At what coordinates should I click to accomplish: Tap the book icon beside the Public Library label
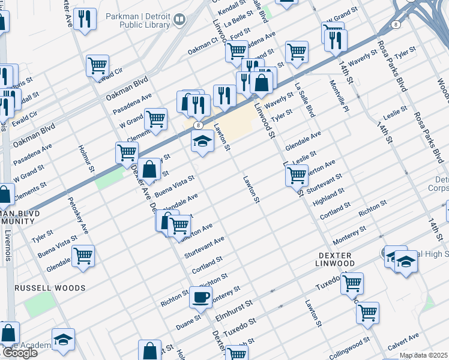(x=179, y=20)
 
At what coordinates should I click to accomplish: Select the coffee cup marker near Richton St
(x=201, y=296)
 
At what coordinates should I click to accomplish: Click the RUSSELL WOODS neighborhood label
(x=50, y=288)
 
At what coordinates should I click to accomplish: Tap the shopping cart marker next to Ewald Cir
(x=97, y=65)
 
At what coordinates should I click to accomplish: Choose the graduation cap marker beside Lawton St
(x=203, y=142)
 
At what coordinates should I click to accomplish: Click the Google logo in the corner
(x=19, y=353)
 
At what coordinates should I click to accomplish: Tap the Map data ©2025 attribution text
(x=424, y=356)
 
